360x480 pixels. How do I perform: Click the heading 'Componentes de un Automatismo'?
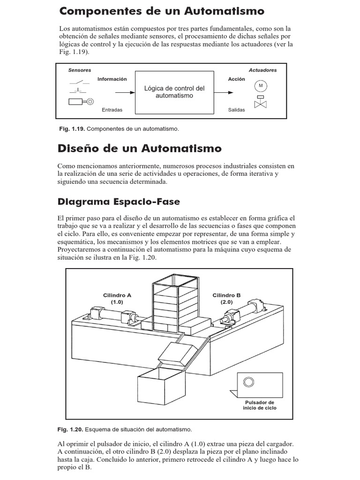[x=162, y=11]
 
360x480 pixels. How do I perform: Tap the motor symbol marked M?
[x=260, y=86]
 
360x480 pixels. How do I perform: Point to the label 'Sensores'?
[x=79, y=70]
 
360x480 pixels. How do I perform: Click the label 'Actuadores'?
[x=262, y=70]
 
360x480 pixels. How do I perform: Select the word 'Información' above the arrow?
[x=112, y=79]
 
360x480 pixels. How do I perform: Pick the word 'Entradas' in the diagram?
[x=112, y=110]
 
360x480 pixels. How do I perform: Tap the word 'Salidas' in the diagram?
[x=237, y=110]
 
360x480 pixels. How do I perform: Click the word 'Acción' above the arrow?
[x=237, y=79]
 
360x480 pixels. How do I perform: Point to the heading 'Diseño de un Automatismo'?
[x=139, y=149]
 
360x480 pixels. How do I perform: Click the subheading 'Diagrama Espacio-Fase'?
[x=119, y=202]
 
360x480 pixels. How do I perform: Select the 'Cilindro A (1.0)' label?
[x=117, y=299]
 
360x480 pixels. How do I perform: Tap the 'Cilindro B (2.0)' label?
[x=226, y=299]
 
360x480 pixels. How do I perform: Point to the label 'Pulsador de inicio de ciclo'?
[x=260, y=405]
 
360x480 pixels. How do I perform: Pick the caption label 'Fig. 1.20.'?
[x=70, y=429]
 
